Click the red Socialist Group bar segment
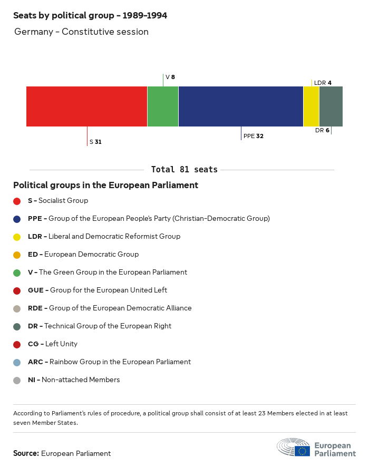click(86, 106)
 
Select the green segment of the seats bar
click(163, 106)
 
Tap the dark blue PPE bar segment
click(241, 106)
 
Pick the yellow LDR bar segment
click(312, 106)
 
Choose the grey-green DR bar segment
click(331, 106)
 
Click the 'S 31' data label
click(95, 142)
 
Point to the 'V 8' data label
click(170, 77)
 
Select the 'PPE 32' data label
click(254, 136)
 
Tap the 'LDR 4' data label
click(323, 83)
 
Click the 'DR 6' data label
click(322, 130)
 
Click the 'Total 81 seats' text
click(184, 170)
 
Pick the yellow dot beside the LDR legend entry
click(17, 237)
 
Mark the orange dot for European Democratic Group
click(17, 255)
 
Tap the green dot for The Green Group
click(17, 273)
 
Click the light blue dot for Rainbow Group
click(17, 362)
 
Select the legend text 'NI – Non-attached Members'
click(74, 380)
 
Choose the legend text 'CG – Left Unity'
click(53, 344)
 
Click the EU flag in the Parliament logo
click(303, 451)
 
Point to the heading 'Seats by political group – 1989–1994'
click(90, 16)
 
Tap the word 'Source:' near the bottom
click(26, 453)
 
